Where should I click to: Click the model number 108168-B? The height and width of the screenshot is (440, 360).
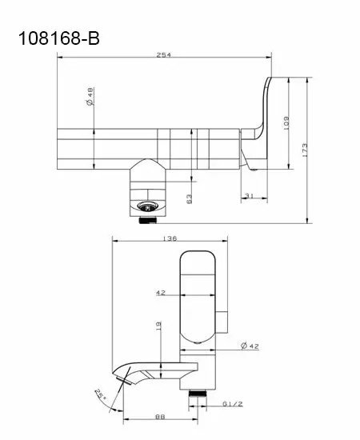(59, 38)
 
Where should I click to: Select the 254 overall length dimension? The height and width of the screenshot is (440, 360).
(163, 54)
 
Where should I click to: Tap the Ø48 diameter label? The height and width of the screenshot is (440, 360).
(90, 97)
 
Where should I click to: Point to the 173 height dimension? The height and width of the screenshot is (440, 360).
(305, 150)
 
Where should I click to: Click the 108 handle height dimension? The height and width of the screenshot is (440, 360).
(286, 122)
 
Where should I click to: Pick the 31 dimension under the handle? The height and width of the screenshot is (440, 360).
(250, 195)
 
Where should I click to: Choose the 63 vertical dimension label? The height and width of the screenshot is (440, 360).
(189, 199)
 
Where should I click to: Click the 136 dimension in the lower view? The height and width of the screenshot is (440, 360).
(170, 238)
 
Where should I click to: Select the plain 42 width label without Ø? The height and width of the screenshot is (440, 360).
(161, 293)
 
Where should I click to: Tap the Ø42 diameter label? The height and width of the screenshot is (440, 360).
(250, 346)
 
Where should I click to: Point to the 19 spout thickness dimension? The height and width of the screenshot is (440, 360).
(158, 326)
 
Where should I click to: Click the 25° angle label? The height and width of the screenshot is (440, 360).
(101, 395)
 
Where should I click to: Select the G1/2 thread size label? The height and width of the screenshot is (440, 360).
(233, 404)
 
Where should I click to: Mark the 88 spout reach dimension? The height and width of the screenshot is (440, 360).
(160, 417)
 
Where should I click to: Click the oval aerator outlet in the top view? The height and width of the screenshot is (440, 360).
(149, 206)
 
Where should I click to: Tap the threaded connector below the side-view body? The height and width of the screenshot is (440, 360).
(198, 393)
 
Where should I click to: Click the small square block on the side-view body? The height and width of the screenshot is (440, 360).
(222, 322)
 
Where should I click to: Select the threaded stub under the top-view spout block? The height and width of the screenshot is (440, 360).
(148, 220)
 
